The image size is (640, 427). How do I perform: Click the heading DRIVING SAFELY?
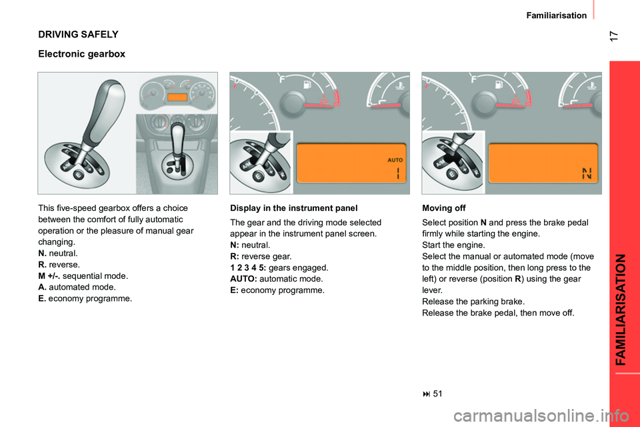point(78,33)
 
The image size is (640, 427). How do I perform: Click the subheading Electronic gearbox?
point(81,53)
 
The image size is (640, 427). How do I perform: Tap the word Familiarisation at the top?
point(556,15)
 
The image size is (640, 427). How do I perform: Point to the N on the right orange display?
point(586,174)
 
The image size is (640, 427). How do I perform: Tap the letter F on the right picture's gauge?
point(475,79)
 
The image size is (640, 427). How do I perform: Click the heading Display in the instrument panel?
point(293,207)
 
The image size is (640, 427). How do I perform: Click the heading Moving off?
point(444,207)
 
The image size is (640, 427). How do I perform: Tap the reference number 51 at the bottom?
point(437,393)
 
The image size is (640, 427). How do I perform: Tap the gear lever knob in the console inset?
point(178,134)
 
